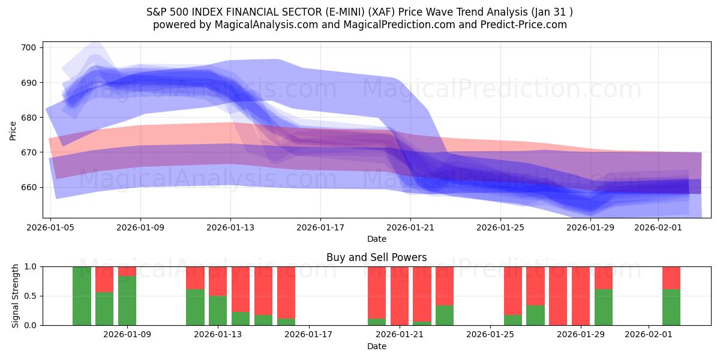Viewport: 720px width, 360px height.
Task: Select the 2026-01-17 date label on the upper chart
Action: point(320,227)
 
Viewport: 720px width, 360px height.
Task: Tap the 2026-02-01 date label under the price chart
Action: point(658,227)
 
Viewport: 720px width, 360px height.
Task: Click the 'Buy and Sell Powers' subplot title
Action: point(376,257)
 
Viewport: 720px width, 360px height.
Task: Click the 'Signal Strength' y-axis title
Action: point(16,296)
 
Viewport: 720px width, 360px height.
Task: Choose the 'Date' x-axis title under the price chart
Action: point(376,239)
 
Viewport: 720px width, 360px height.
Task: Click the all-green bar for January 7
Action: point(82,296)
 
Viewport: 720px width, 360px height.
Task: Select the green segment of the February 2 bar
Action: point(671,307)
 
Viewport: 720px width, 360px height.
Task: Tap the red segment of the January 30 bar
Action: point(604,278)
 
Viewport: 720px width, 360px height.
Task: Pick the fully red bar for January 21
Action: point(400,296)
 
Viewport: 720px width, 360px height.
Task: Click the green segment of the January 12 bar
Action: point(195,307)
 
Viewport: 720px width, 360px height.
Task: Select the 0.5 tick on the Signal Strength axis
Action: point(31,296)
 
